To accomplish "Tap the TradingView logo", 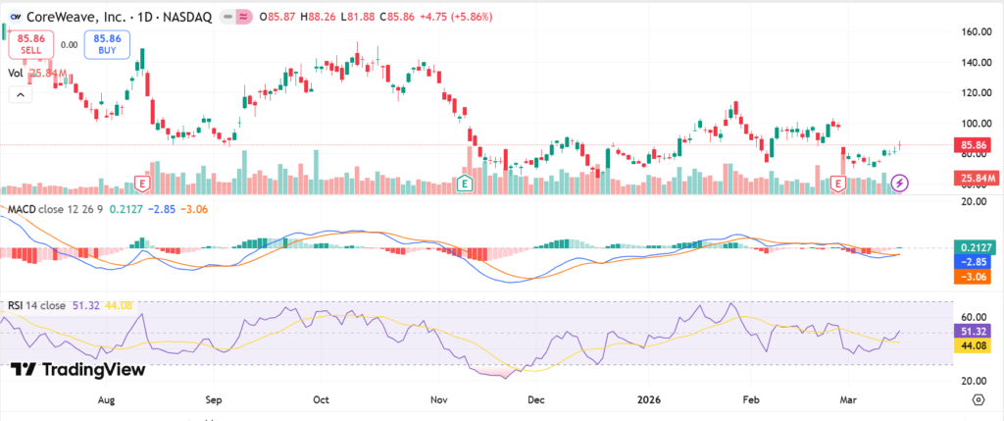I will (x=78, y=369).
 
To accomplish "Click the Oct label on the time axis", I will (x=320, y=400).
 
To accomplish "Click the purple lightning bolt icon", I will (x=900, y=183).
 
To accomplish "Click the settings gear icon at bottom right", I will (x=978, y=400).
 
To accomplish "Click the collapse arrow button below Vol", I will (x=19, y=94).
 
